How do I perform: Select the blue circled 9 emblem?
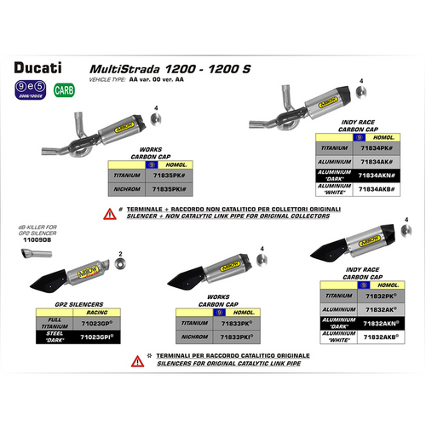tap(20, 85)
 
